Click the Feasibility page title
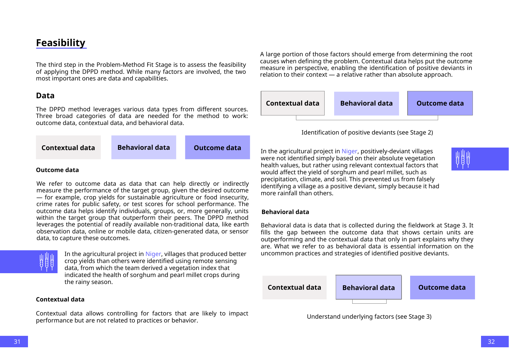click(60, 43)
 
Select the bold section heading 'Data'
click(45, 96)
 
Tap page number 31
click(17, 342)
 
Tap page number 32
click(491, 342)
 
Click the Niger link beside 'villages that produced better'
click(153, 254)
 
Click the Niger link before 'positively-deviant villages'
click(349, 151)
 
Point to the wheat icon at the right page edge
click(463, 159)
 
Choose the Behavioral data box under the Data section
click(144, 148)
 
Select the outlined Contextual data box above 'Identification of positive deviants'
click(292, 103)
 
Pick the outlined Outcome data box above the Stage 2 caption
click(440, 103)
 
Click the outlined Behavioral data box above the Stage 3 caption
click(368, 287)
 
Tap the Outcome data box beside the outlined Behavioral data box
click(442, 287)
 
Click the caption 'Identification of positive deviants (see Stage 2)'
click(367, 133)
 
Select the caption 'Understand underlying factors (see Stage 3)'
click(369, 317)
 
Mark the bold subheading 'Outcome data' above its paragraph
click(57, 170)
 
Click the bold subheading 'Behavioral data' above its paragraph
click(285, 212)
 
